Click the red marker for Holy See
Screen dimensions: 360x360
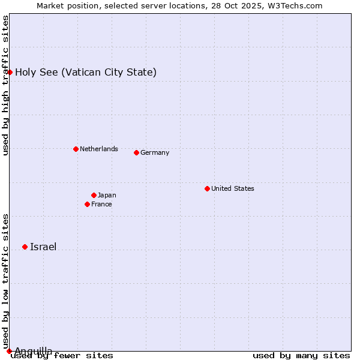point(10,72)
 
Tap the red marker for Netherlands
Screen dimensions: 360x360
point(76,149)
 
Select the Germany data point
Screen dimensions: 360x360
point(136,152)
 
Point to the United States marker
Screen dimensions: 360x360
point(207,188)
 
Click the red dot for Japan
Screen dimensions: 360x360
point(94,195)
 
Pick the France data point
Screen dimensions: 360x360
point(87,204)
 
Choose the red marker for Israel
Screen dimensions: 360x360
point(25,247)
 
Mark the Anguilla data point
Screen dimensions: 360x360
point(9,351)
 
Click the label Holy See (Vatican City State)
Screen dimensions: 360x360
point(86,73)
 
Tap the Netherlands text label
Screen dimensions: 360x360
point(99,149)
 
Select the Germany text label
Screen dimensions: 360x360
point(155,152)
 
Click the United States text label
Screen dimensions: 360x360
point(233,188)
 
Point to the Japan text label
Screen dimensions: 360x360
point(107,195)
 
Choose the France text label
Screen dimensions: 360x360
point(101,204)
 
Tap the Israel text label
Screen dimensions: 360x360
point(43,247)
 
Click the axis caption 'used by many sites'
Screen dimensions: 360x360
point(301,356)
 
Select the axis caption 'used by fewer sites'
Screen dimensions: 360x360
point(62,356)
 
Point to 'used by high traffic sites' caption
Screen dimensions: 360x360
point(5,85)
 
